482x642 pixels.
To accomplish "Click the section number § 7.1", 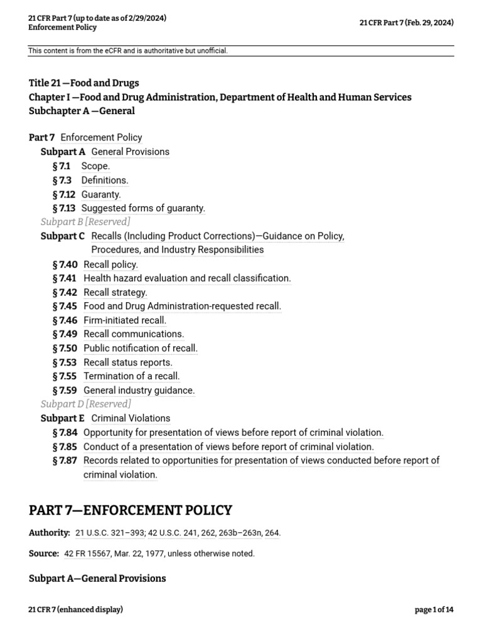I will coord(62,166).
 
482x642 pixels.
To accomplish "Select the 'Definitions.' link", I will coord(104,180).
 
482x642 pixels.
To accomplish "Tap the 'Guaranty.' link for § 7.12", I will coord(101,194).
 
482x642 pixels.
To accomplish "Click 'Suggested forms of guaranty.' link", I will coord(143,208).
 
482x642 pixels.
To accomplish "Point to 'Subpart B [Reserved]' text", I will coord(85,222).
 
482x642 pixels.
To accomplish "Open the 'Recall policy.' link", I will coord(110,265).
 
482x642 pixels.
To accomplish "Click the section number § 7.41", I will coord(65,278).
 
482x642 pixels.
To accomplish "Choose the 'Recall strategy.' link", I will coord(115,292).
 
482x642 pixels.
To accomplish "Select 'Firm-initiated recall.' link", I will coord(125,320).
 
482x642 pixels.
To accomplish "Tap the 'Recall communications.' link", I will coord(134,334).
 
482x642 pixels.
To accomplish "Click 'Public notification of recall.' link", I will coord(141,348).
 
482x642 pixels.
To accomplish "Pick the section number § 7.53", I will coord(65,362).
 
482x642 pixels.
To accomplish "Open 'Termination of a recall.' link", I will coord(132,376).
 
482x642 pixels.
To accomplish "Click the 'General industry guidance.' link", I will coord(139,391).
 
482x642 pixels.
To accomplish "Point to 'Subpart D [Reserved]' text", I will coord(86,404).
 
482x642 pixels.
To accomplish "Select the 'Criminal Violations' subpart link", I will coord(131,418).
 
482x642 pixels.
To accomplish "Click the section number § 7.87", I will coord(65,461).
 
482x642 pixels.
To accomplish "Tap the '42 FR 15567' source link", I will coord(87,554).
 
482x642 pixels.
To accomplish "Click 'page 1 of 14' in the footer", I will coord(434,609).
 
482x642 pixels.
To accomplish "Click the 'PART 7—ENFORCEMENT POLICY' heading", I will coord(131,510).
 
